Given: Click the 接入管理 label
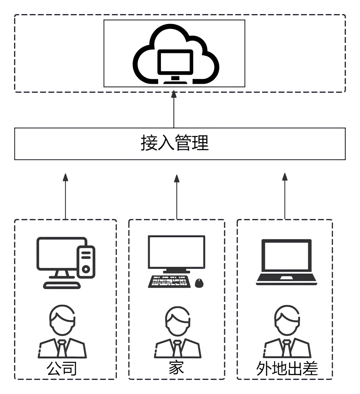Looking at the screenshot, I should (x=175, y=143).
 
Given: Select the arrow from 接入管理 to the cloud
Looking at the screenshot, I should (x=174, y=109).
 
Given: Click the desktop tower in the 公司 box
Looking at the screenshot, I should (x=86, y=262).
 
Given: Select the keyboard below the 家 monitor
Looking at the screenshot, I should (x=168, y=282).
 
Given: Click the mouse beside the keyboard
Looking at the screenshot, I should (x=199, y=283).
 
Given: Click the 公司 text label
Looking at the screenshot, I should (x=62, y=368).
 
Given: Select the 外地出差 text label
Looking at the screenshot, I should (x=287, y=368).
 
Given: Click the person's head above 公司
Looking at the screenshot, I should (x=62, y=320).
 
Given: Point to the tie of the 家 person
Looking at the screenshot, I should (x=177, y=348).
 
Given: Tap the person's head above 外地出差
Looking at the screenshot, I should (x=287, y=320).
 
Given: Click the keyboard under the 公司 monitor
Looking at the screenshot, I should (x=62, y=285).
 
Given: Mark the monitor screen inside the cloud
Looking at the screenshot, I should (x=175, y=62).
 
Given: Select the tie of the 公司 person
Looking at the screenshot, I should (x=62, y=348).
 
